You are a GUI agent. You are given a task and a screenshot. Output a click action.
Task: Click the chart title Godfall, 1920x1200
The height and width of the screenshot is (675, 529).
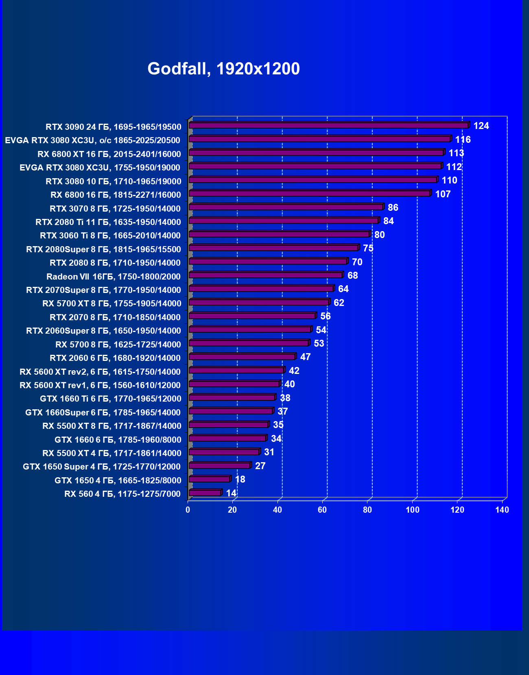pos(223,69)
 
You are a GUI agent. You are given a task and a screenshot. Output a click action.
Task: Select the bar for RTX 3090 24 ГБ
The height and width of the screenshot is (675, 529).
pos(328,125)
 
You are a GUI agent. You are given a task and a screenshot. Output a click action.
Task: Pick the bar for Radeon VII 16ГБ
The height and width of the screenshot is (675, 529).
pos(266,275)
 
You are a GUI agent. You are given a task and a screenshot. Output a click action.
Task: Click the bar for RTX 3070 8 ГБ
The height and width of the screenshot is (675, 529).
pos(286,207)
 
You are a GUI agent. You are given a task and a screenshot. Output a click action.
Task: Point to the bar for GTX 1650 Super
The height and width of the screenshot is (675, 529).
pos(219,465)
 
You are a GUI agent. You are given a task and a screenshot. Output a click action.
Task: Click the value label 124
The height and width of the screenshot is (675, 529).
pos(481,126)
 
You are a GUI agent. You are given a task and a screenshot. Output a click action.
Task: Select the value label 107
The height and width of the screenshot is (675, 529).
pos(443,194)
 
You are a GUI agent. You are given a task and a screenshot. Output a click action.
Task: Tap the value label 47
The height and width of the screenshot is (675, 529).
pos(305,357)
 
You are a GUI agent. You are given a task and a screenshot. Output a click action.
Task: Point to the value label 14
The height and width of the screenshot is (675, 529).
pos(231,493)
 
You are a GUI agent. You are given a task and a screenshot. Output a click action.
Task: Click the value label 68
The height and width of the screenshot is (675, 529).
pos(352,275)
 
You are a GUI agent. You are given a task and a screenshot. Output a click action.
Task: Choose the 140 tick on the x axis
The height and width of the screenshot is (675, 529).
pos(502,510)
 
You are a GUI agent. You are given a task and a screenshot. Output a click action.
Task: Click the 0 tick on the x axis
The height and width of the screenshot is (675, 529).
pos(188,510)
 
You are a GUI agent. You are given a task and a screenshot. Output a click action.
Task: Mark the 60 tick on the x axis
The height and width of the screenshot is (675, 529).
pos(322,510)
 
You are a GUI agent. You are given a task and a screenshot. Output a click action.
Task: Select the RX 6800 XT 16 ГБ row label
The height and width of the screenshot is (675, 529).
pos(109,154)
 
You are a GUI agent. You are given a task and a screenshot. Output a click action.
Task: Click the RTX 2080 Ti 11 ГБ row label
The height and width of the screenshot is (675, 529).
pos(108,222)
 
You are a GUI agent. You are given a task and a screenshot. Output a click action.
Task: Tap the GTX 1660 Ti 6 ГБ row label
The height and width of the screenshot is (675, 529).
pos(111,399)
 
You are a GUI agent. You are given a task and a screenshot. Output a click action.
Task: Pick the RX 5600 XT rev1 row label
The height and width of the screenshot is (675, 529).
pos(100,385)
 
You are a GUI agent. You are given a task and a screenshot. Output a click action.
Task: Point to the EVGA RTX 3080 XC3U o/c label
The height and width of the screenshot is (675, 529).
pos(92,140)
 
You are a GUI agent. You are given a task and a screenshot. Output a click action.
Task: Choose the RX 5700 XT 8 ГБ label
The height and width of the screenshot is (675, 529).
pos(112,304)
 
